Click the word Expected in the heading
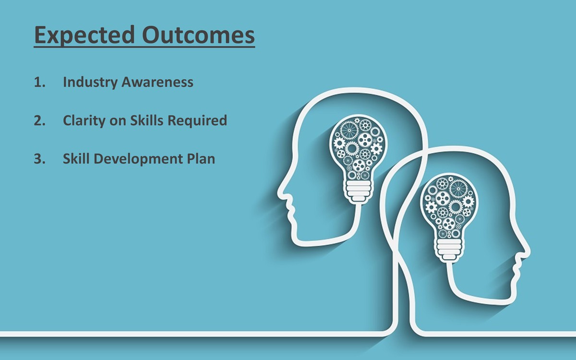pyautogui.click(x=84, y=36)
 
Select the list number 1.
pyautogui.click(x=39, y=82)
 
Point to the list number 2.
pyautogui.click(x=39, y=120)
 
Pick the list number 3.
pyautogui.click(x=39, y=159)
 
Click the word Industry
pyautogui.click(x=90, y=83)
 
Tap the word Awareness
pyautogui.click(x=157, y=82)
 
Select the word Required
pyautogui.click(x=197, y=120)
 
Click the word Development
pyautogui.click(x=138, y=159)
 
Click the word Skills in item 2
pyautogui.click(x=146, y=120)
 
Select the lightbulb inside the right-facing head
pyautogui.click(x=449, y=218)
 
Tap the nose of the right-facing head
pyautogui.click(x=528, y=251)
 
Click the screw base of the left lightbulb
pyautogui.click(x=358, y=192)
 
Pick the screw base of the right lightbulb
pyautogui.click(x=449, y=250)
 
